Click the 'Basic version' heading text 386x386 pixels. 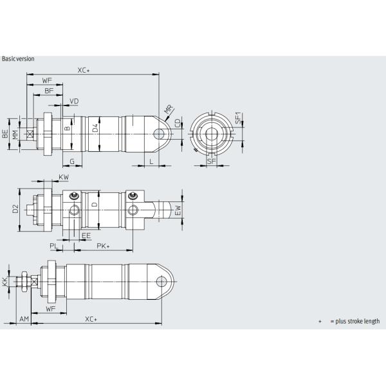pos(18,59)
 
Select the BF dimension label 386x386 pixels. pos(49,91)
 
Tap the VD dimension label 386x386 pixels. pos(75,102)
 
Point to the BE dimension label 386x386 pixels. pos(6,134)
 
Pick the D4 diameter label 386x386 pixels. pos(96,129)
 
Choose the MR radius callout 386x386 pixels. pos(169,112)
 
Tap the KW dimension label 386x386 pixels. pos(63,176)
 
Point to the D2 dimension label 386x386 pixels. pos(15,210)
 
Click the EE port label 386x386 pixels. pos(86,235)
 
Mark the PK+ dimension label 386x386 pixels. pos(103,246)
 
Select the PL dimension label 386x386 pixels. pos(54,246)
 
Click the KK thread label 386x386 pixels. pos(5,282)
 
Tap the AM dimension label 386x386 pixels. pos(24,319)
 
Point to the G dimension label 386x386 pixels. pos(72,161)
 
